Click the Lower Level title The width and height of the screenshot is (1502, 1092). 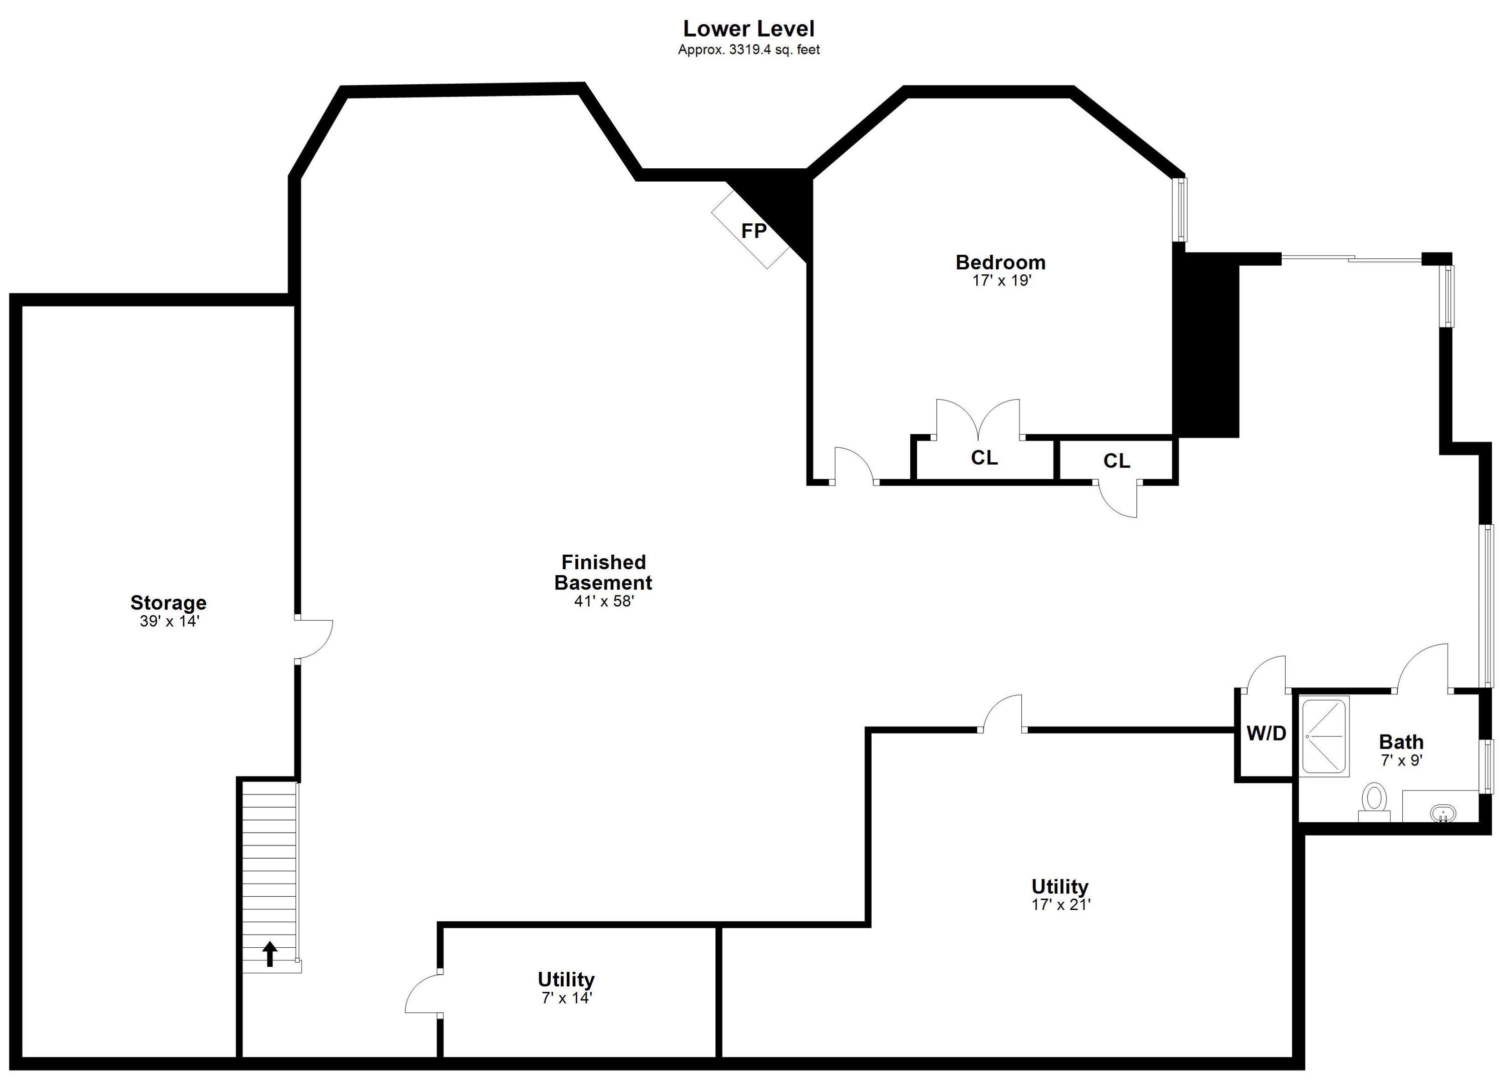[748, 29]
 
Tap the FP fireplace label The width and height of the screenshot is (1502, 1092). [754, 231]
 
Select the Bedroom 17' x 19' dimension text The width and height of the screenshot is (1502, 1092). [1001, 281]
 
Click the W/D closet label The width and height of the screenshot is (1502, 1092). [1266, 733]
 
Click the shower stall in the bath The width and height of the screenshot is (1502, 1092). [1325, 737]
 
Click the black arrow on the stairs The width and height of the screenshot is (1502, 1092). [269, 954]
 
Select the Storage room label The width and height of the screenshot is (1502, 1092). [168, 603]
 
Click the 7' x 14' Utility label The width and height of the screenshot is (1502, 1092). [566, 979]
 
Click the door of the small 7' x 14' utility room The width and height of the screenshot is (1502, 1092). [423, 993]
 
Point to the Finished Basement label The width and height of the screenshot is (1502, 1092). [603, 572]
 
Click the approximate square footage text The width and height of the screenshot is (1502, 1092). [748, 50]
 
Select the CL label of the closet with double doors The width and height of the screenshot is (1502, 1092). [984, 458]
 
